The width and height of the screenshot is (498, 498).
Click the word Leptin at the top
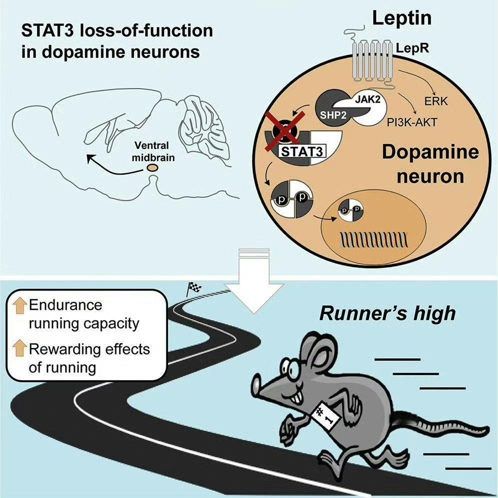(402, 18)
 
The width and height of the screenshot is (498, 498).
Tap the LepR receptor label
(412, 48)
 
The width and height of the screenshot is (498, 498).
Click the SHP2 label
(333, 114)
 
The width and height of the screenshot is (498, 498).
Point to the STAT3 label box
(302, 151)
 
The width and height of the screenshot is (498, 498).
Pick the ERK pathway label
(436, 101)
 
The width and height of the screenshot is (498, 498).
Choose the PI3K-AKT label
(412, 122)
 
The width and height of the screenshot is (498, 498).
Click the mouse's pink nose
(256, 385)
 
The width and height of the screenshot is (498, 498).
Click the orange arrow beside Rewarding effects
(19, 348)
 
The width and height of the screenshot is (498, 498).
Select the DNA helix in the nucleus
(374, 240)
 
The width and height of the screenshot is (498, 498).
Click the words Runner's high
(387, 313)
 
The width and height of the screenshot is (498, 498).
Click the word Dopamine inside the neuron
(430, 152)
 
